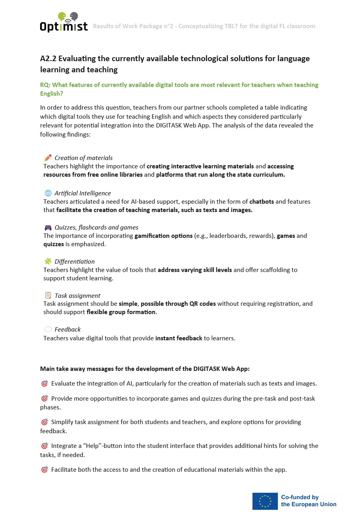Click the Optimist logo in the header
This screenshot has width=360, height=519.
(64, 22)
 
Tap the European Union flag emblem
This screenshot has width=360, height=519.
(265, 501)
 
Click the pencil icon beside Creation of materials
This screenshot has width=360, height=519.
(48, 158)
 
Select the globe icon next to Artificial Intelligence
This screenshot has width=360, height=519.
(48, 193)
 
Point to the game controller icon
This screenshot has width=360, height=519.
(48, 228)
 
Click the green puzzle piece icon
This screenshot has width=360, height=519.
(48, 261)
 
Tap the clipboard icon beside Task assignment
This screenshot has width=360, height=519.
(48, 295)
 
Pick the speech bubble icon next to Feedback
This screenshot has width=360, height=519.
(48, 330)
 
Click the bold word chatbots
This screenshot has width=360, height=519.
(262, 202)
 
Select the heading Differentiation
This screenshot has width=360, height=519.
(75, 262)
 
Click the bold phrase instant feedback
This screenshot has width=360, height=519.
(179, 338)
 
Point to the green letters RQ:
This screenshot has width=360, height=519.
(45, 85)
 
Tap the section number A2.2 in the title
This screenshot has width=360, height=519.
(48, 59)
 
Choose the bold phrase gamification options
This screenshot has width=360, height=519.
(164, 236)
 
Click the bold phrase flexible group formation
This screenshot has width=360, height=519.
(121, 312)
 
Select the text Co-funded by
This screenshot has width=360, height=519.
(300, 497)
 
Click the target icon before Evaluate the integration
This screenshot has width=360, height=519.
(44, 384)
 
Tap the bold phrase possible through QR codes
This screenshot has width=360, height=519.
(178, 304)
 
